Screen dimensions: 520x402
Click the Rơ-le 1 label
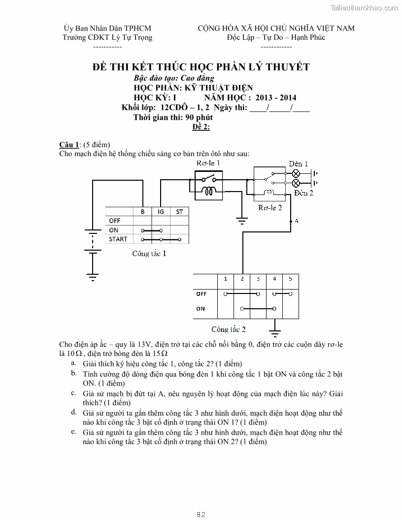pyautogui.click(x=208, y=163)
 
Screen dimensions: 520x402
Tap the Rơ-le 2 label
pyautogui.click(x=270, y=208)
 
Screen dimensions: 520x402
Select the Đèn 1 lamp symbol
pyautogui.click(x=296, y=173)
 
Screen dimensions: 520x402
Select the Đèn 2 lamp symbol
pyautogui.click(x=296, y=183)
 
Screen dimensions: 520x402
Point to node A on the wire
pyautogui.click(x=292, y=221)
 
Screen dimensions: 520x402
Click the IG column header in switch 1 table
pyautogui.click(x=161, y=212)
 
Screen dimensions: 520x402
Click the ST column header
pyautogui.click(x=179, y=212)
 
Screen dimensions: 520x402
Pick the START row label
pyautogui.click(x=118, y=239)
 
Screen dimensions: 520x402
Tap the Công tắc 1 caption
pyautogui.click(x=149, y=254)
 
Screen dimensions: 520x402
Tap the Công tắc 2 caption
pyautogui.click(x=229, y=329)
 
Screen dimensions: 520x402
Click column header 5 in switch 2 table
pyautogui.click(x=291, y=279)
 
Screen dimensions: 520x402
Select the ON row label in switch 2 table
pyautogui.click(x=201, y=309)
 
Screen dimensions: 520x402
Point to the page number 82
pyautogui.click(x=201, y=514)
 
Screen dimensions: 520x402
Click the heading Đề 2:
pyautogui.click(x=201, y=127)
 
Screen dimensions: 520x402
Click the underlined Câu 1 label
pyautogui.click(x=69, y=144)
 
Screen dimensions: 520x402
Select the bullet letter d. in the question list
pyautogui.click(x=73, y=412)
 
